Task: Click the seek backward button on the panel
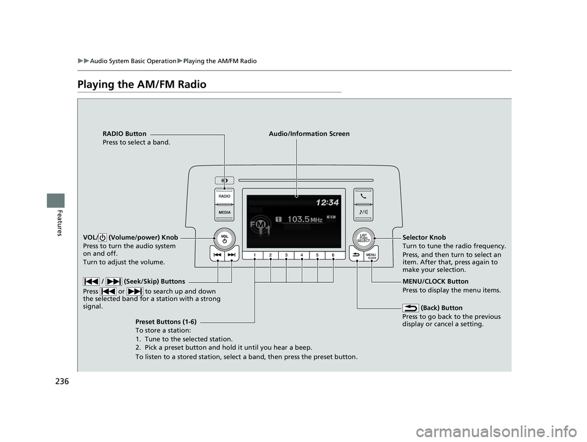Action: pyautogui.click(x=218, y=255)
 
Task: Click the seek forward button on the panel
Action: pyautogui.click(x=232, y=255)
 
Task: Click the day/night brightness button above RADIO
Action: pyautogui.click(x=224, y=181)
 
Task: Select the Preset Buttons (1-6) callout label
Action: pyautogui.click(x=165, y=321)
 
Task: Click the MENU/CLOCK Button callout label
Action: pyautogui.click(x=435, y=282)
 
